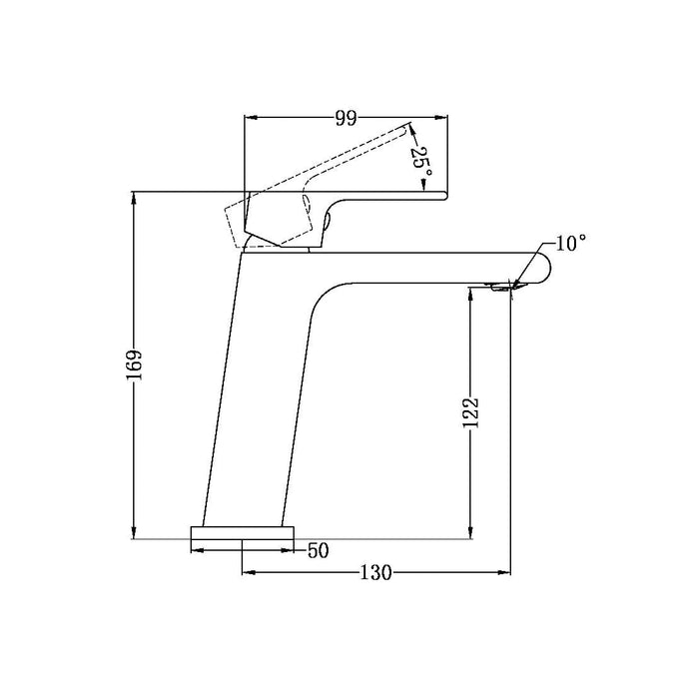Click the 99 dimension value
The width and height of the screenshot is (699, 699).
tap(346, 118)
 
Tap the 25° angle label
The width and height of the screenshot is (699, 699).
tap(420, 163)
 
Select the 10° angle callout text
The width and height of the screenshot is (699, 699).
tap(570, 244)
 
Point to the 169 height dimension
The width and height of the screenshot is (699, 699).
tap(134, 364)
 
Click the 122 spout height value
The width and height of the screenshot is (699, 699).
tap(470, 412)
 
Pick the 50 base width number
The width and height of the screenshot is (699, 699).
tap(319, 551)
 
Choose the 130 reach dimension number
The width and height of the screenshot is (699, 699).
tap(375, 573)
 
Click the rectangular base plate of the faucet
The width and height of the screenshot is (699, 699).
tap(243, 532)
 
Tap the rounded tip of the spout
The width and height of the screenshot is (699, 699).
tap(545, 268)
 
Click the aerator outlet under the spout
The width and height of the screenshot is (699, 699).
tap(501, 288)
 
